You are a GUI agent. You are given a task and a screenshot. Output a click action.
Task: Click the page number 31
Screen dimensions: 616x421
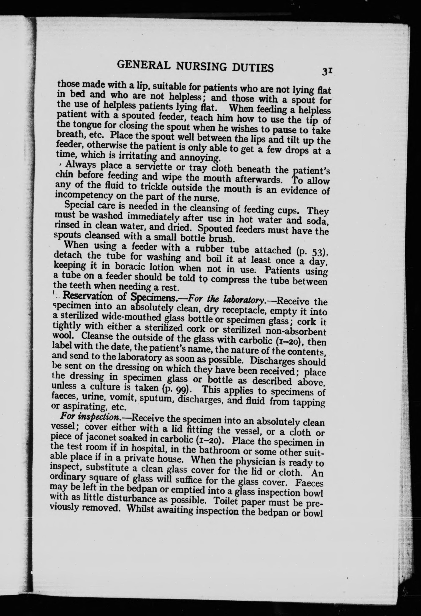[328, 71]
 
